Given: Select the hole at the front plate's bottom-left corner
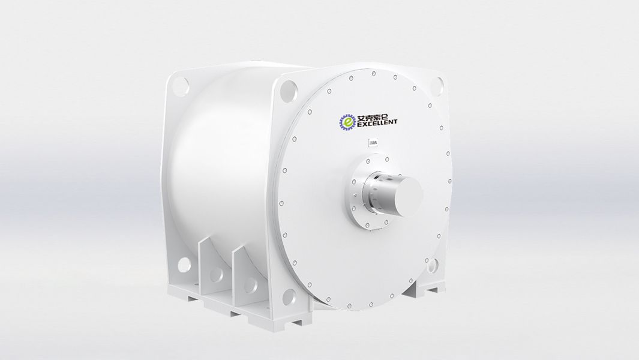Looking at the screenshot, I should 289,296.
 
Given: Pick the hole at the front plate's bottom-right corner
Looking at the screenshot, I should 432,264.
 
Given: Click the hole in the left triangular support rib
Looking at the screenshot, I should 215,275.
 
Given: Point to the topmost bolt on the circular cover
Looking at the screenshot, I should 374,74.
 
